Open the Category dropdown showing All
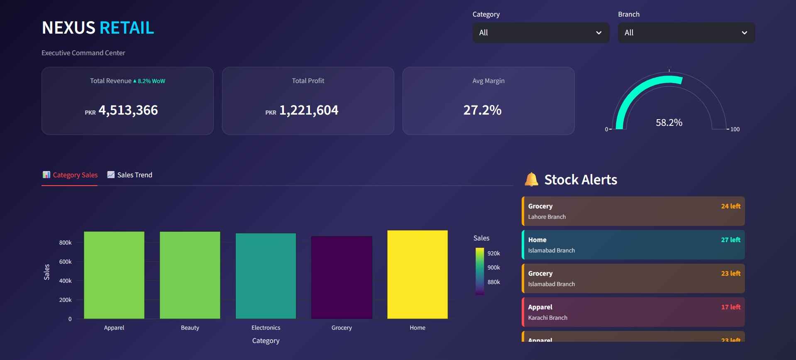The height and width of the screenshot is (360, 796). tap(540, 33)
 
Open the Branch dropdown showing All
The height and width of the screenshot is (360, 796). tap(686, 33)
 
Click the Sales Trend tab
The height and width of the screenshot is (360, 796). tap(130, 175)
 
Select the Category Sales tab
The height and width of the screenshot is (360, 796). tap(70, 175)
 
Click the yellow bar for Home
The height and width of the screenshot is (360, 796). tap(417, 274)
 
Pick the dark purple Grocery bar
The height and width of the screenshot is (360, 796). tap(342, 277)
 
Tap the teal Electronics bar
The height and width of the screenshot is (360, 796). tap(266, 276)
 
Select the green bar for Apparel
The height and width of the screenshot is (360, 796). tap(114, 275)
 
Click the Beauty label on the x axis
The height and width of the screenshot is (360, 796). tap(190, 328)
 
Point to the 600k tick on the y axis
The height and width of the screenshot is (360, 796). tap(65, 262)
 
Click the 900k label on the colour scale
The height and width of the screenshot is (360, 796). tap(493, 267)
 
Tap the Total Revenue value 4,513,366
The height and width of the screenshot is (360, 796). tap(128, 110)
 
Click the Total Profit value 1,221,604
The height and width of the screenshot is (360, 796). tap(308, 110)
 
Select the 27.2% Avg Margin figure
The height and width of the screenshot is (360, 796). tap(482, 110)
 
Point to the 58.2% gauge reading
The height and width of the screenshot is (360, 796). tap(669, 122)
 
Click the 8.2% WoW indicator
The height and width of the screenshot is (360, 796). tap(149, 81)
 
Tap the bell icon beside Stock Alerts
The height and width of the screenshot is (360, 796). tap(531, 179)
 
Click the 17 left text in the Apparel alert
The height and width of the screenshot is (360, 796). tap(730, 307)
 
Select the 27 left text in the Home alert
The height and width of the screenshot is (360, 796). tap(730, 240)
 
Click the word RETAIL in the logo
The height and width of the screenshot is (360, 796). tap(127, 28)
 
